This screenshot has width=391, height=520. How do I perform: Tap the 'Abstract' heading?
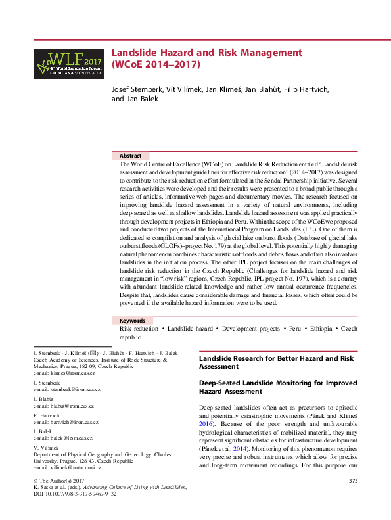point(131,156)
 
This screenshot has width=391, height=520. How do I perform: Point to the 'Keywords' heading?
point(133,321)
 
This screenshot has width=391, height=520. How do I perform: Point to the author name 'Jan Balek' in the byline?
point(136,99)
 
